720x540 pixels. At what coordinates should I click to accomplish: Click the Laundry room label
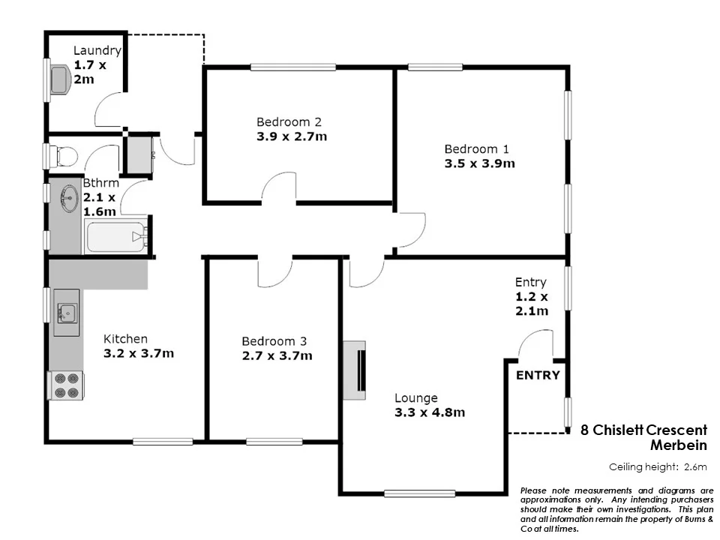(97, 51)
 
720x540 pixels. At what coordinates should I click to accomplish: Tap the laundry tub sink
(60, 79)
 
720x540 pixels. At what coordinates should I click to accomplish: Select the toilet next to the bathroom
(64, 156)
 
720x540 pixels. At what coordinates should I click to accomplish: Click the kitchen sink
(67, 311)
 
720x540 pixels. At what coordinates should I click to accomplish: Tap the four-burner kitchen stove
(66, 385)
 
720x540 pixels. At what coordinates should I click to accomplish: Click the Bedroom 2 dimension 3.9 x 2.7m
(292, 136)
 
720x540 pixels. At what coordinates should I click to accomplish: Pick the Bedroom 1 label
(472, 148)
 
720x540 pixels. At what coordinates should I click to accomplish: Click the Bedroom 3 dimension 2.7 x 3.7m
(277, 355)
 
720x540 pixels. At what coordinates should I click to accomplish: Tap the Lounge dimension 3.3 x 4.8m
(430, 412)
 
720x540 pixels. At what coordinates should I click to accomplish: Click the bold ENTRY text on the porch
(538, 375)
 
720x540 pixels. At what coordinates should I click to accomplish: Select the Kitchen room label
(125, 339)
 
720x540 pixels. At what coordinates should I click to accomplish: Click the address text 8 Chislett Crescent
(644, 430)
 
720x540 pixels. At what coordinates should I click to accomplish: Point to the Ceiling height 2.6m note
(658, 467)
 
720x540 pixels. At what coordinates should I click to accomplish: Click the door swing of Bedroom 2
(280, 187)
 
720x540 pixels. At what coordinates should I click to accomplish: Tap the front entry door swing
(536, 346)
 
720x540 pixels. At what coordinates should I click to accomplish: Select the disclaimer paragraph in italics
(616, 509)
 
